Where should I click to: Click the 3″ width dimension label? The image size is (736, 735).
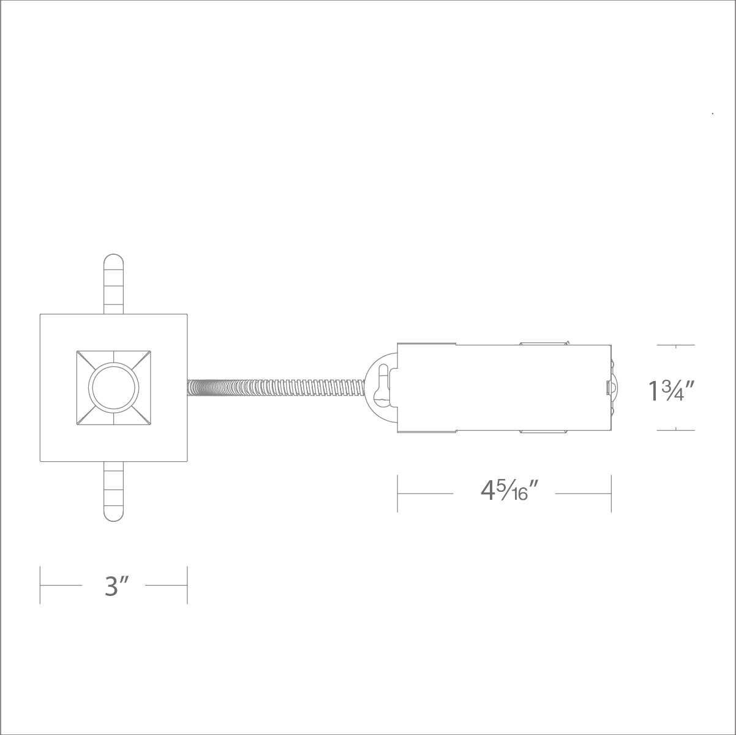pos(114,586)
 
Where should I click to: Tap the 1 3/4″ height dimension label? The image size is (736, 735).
pos(671,390)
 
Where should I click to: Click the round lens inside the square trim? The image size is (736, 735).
pos(113,387)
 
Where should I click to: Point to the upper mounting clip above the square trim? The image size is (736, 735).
pos(113,283)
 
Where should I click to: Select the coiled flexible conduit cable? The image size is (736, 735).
pos(276,388)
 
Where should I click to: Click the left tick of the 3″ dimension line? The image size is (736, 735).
pos(40,585)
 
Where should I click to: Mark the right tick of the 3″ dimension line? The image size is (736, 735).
pos(187,585)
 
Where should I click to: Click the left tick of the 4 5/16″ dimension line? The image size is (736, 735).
pos(397,492)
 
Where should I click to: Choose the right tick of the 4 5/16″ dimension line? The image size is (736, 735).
pos(611,492)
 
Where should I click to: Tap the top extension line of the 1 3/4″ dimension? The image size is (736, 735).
pos(676,345)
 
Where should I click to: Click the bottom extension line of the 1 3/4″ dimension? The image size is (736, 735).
pos(676,430)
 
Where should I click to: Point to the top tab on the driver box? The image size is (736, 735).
pos(542,343)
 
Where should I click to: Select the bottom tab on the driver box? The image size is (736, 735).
pos(542,432)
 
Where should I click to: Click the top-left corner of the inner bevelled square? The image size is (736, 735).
pos(77,351)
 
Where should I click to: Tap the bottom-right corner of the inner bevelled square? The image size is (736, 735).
pos(150,424)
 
